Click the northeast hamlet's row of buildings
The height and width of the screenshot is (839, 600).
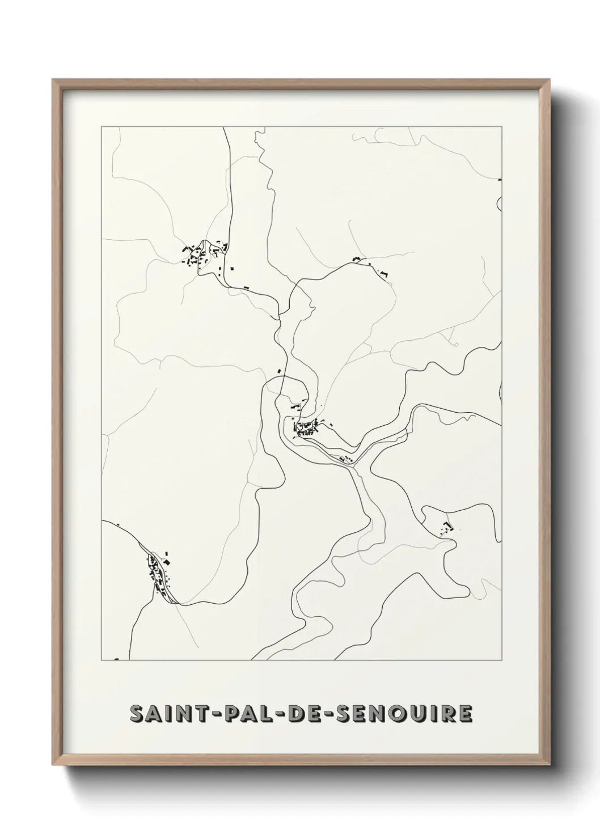[371, 267]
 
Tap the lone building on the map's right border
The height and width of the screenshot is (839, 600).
[500, 180]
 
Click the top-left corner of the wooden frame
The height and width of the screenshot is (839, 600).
[53, 80]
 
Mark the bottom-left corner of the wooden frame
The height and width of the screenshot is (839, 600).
[53, 767]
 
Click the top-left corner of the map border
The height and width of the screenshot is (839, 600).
[102, 127]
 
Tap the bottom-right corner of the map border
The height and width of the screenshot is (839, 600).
[502, 660]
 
